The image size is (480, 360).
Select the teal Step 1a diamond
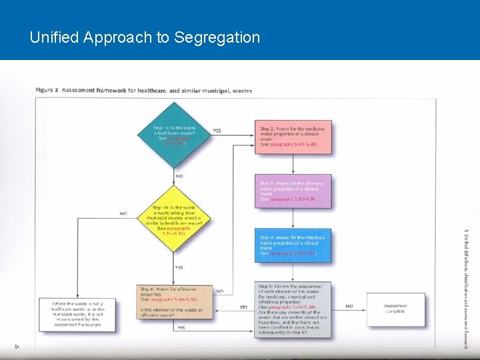(178, 135)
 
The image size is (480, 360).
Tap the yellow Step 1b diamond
(178, 219)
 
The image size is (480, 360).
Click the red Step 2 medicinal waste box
(293, 137)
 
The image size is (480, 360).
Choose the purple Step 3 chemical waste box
(293, 191)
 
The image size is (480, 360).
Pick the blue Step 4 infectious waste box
(293, 245)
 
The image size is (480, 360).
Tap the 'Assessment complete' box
(395, 309)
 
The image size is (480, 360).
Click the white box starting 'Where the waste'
(77, 315)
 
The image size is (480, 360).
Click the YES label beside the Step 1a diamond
(217, 131)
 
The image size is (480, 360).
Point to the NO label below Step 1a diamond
(179, 176)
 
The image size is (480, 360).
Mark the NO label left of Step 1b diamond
(123, 213)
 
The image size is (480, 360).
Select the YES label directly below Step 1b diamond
(179, 267)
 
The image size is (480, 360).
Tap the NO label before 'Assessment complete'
(349, 307)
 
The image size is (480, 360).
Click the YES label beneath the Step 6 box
(181, 327)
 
